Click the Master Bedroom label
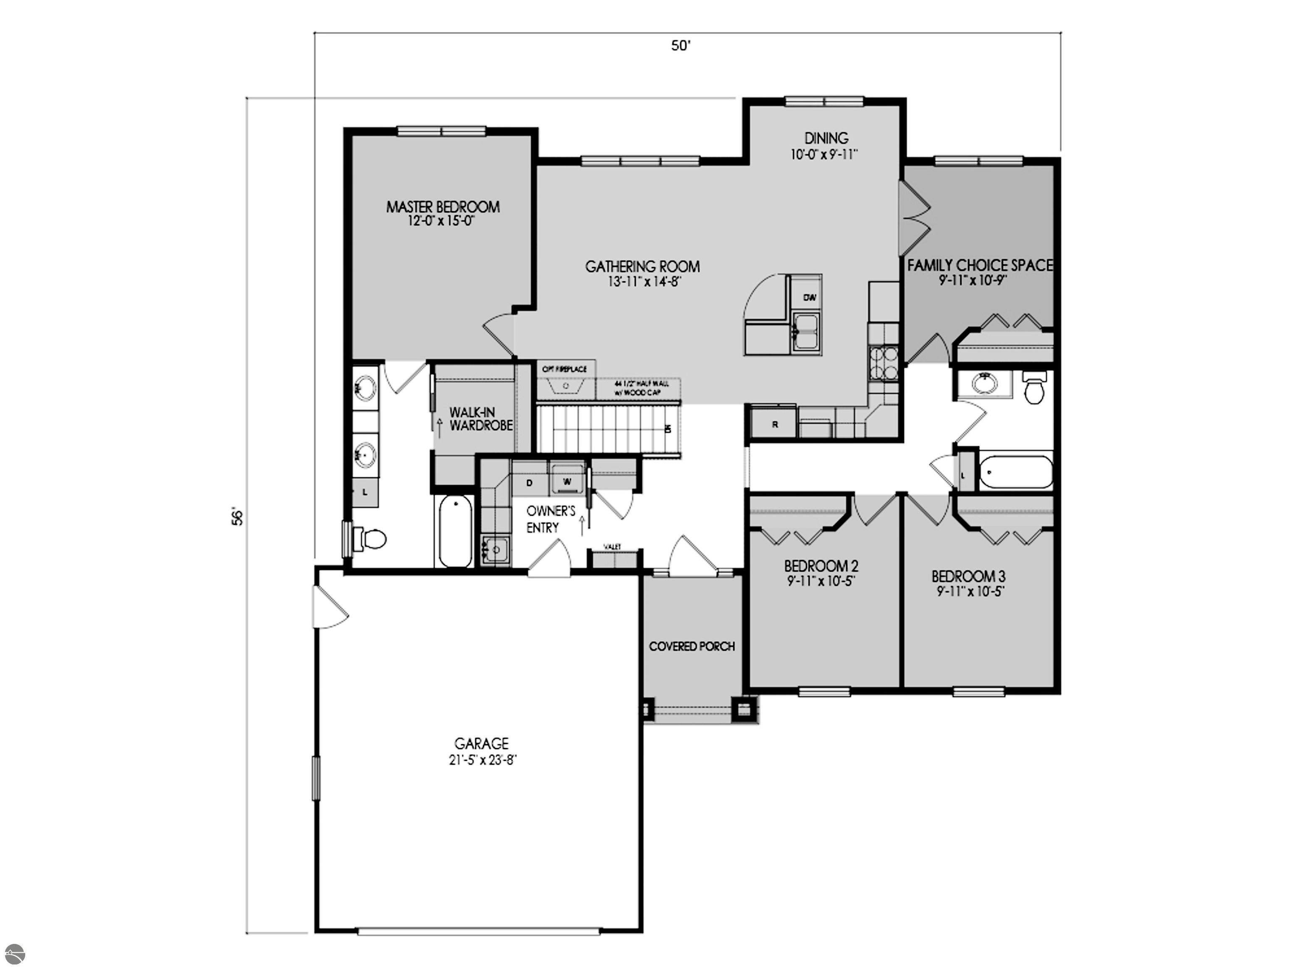click(x=443, y=207)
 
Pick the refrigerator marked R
click(x=774, y=424)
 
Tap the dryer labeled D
click(x=530, y=483)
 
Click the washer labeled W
click(x=567, y=481)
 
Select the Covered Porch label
click(x=692, y=646)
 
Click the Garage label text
click(x=481, y=743)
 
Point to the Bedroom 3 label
click(x=968, y=577)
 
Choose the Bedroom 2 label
click(x=821, y=566)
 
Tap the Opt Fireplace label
click(x=564, y=369)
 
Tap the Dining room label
click(x=826, y=138)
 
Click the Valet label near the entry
click(x=612, y=547)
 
